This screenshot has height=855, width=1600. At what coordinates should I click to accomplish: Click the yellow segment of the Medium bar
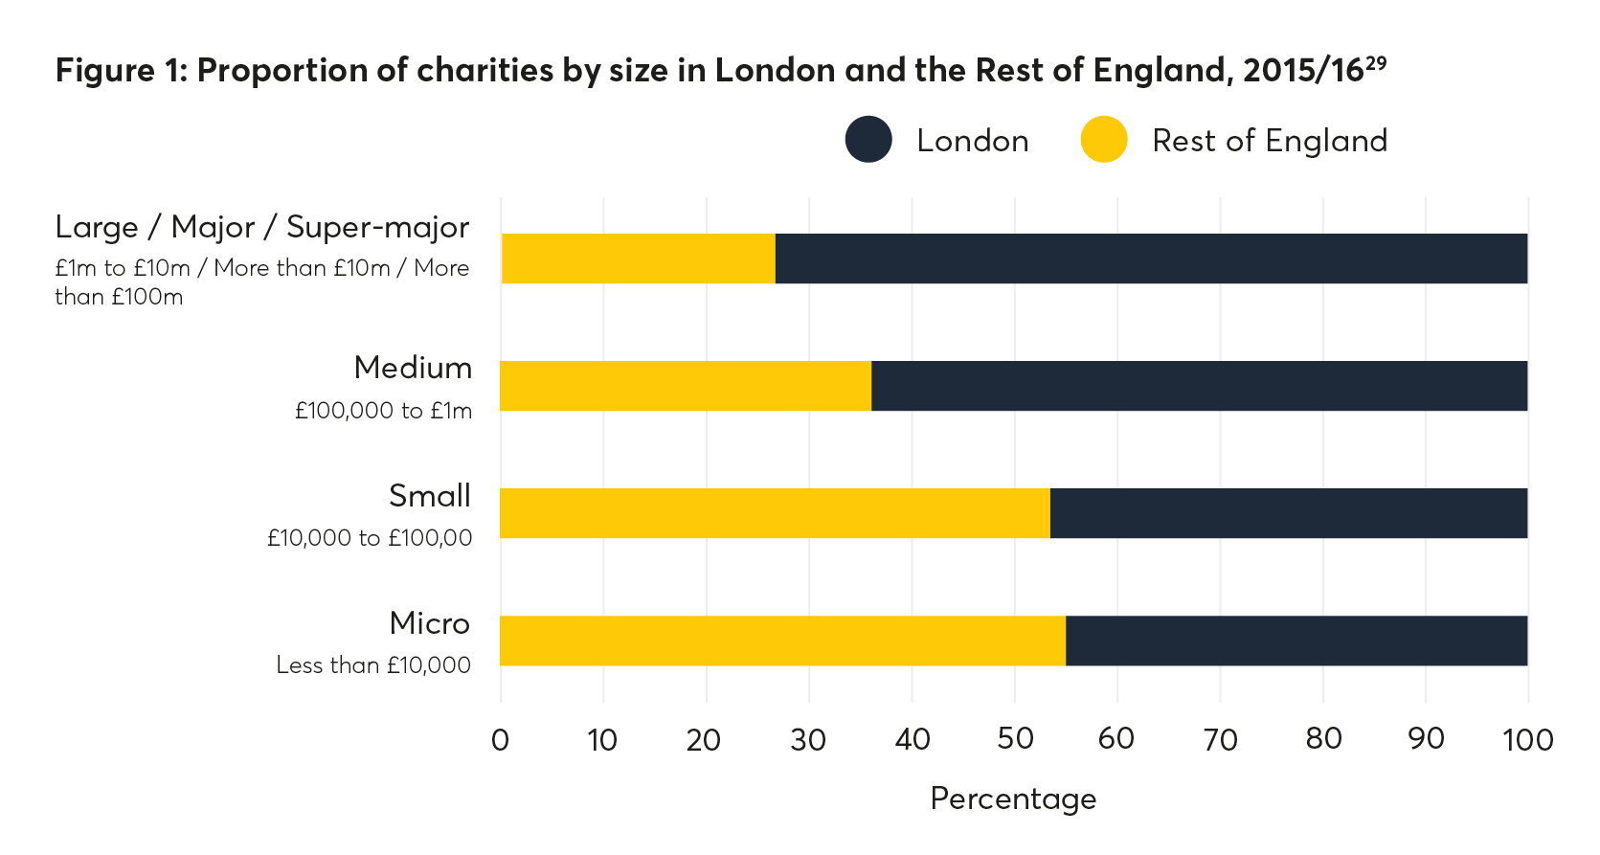pos(686,386)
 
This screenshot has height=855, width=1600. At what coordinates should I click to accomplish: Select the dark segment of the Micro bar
pos(1296,641)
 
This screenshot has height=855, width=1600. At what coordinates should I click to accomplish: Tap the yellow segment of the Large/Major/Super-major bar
pos(638,259)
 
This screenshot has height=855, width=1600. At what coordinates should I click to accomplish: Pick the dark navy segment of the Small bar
pos(1288,513)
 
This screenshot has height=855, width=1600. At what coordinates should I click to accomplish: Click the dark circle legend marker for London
pos(868,140)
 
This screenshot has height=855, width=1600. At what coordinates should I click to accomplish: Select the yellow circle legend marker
pos(1104,140)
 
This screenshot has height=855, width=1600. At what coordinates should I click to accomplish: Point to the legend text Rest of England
pos(1269,141)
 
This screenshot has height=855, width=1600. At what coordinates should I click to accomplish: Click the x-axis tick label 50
pos(1015,739)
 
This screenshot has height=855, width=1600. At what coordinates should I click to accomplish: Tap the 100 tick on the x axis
pos(1527,739)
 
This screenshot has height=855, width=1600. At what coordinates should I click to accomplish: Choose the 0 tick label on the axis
pos(500,739)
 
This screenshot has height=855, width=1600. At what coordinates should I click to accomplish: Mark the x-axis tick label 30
pos(808,739)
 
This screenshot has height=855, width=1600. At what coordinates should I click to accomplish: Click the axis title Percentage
pos(1013,799)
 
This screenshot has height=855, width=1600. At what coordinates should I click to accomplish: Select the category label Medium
pos(413,368)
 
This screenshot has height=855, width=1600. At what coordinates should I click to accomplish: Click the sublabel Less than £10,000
pos(373,664)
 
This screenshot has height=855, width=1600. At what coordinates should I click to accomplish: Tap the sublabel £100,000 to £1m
pos(383,411)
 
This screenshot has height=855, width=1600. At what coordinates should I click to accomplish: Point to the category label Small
pos(429,496)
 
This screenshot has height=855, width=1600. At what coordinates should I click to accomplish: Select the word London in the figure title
pos(777,71)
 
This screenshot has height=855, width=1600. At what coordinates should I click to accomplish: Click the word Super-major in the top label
pos(377,227)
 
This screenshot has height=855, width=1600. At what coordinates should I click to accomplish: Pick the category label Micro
pos(429,623)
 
